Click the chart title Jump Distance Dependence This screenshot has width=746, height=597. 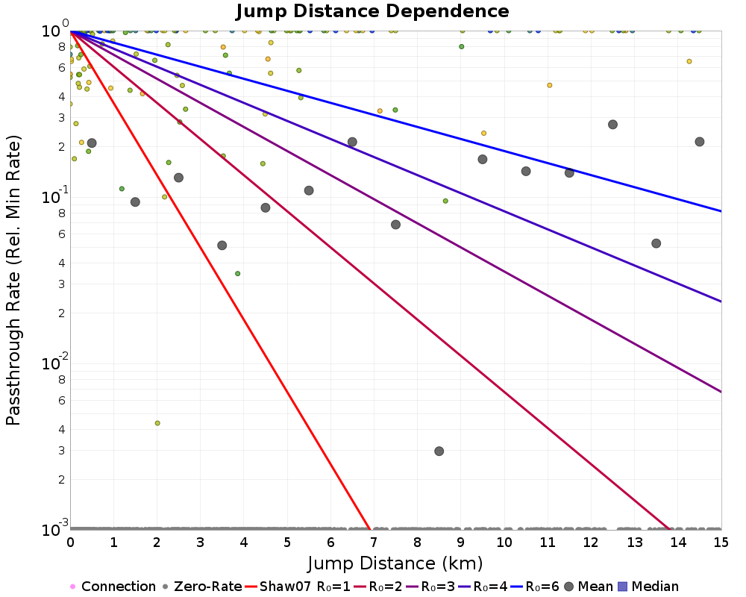tap(372, 11)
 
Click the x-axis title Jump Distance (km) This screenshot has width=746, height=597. tap(395, 563)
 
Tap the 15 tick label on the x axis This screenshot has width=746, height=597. tap(721, 543)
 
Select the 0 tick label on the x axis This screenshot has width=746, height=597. tap(70, 543)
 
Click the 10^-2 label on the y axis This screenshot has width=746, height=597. tap(54, 362)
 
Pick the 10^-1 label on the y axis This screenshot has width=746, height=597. tap(54, 196)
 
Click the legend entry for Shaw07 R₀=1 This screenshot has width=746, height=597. tap(298, 586)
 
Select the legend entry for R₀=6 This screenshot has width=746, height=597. tap(535, 586)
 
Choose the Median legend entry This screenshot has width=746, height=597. tap(648, 586)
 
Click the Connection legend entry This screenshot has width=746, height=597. tap(113, 586)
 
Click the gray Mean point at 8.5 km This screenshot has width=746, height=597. tap(439, 451)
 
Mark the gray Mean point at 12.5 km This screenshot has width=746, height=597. tap(612, 125)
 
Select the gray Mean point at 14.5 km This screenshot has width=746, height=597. tap(700, 141)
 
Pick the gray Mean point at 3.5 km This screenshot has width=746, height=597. tap(222, 246)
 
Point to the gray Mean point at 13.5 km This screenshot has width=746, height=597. tap(656, 243)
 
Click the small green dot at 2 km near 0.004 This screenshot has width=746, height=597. tap(157, 423)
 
